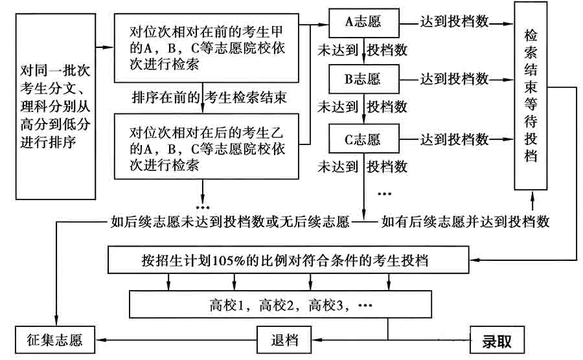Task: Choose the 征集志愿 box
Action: [58, 339]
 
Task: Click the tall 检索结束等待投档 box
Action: [531, 95]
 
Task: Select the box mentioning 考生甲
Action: [206, 48]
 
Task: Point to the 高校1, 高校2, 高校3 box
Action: [280, 302]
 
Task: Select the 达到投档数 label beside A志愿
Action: [454, 21]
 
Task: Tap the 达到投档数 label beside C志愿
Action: [454, 139]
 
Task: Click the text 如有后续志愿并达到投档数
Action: [465, 221]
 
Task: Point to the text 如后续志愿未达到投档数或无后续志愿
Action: [229, 222]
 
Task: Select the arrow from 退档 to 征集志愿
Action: [178, 339]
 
